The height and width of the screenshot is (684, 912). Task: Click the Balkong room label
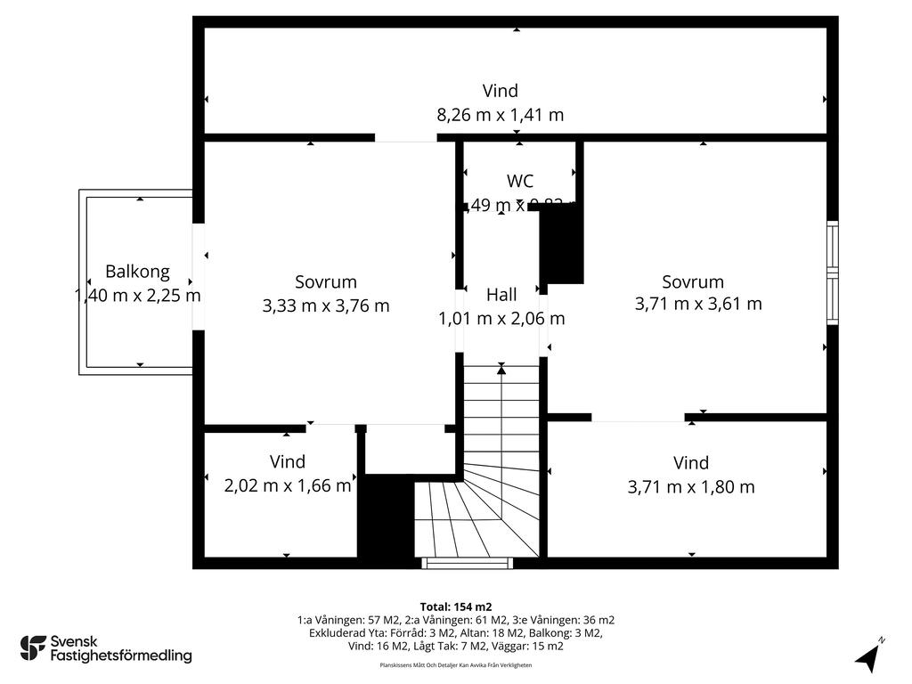(x=137, y=272)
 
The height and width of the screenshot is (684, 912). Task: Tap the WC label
(x=520, y=181)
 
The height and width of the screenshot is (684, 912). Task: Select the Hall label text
(x=501, y=295)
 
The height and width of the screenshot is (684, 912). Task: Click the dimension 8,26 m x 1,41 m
(x=500, y=115)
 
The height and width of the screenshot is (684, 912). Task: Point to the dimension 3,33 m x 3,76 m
(x=326, y=305)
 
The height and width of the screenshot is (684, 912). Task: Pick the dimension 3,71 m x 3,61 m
(x=698, y=304)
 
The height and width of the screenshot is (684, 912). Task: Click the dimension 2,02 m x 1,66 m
(x=287, y=485)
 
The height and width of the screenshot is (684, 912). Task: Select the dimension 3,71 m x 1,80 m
(x=691, y=486)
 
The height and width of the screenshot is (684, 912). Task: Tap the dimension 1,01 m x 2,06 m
(x=501, y=318)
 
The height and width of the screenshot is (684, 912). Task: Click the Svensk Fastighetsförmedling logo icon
(x=33, y=647)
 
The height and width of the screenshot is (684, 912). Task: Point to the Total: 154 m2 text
(x=455, y=607)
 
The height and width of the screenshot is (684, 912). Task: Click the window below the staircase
(x=467, y=563)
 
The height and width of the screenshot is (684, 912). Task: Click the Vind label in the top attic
(x=500, y=91)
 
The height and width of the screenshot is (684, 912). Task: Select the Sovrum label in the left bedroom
(x=326, y=282)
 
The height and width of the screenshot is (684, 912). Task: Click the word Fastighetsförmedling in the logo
(x=121, y=656)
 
